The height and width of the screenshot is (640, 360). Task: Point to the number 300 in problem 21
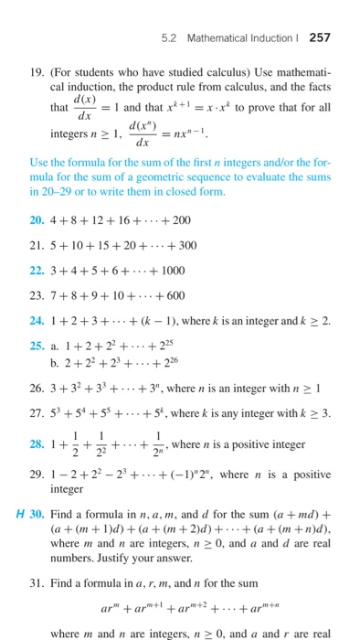pyautogui.click(x=185, y=246)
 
